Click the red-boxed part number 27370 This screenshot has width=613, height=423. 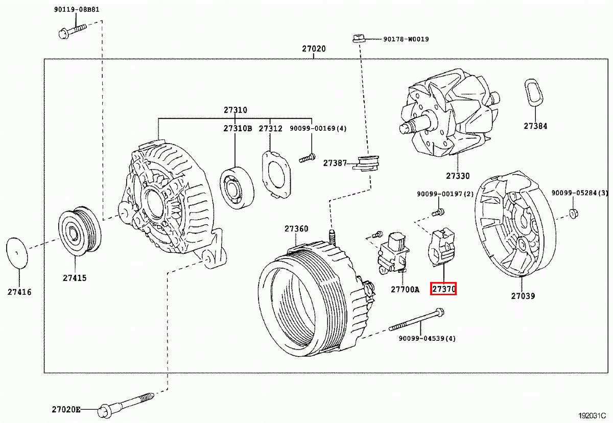[x=443, y=289]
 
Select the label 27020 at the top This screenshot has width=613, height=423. [x=314, y=49]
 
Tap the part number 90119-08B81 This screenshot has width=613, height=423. [x=77, y=10]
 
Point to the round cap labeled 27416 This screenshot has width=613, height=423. [x=18, y=252]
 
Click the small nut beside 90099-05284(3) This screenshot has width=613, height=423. [x=574, y=213]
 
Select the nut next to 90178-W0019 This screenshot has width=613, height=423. [x=357, y=38]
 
